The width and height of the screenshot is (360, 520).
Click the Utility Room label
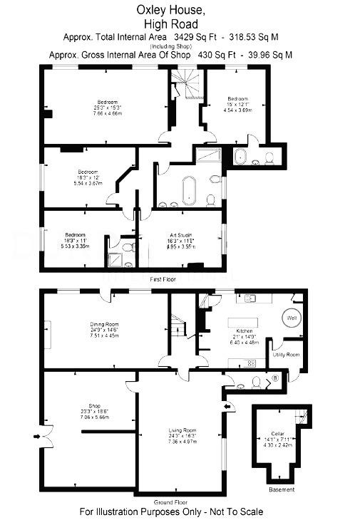(287, 354)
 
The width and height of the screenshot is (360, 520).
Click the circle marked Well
(292, 318)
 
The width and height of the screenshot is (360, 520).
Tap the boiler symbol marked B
(275, 378)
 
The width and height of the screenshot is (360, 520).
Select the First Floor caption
(163, 281)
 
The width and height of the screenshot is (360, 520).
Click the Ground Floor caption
(168, 501)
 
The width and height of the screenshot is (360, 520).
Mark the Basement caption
(281, 490)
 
